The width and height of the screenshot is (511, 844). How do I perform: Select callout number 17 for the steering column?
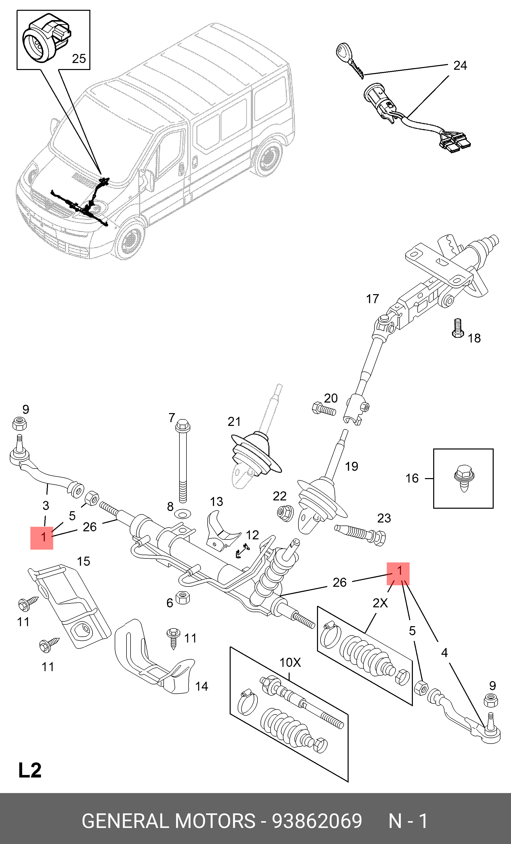pyautogui.click(x=373, y=299)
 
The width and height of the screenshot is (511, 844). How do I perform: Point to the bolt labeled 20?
pyautogui.click(x=324, y=409)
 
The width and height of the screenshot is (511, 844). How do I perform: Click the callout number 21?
pyautogui.click(x=234, y=422)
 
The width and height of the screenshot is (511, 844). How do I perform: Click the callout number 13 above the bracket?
pyautogui.click(x=216, y=502)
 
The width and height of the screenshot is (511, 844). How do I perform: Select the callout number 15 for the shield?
pyautogui.click(x=83, y=561)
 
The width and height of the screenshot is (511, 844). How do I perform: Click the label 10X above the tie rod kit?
pyautogui.click(x=290, y=663)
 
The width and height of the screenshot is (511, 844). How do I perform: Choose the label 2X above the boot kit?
pyautogui.click(x=380, y=603)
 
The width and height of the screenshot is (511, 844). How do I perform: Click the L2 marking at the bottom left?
pyautogui.click(x=30, y=769)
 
